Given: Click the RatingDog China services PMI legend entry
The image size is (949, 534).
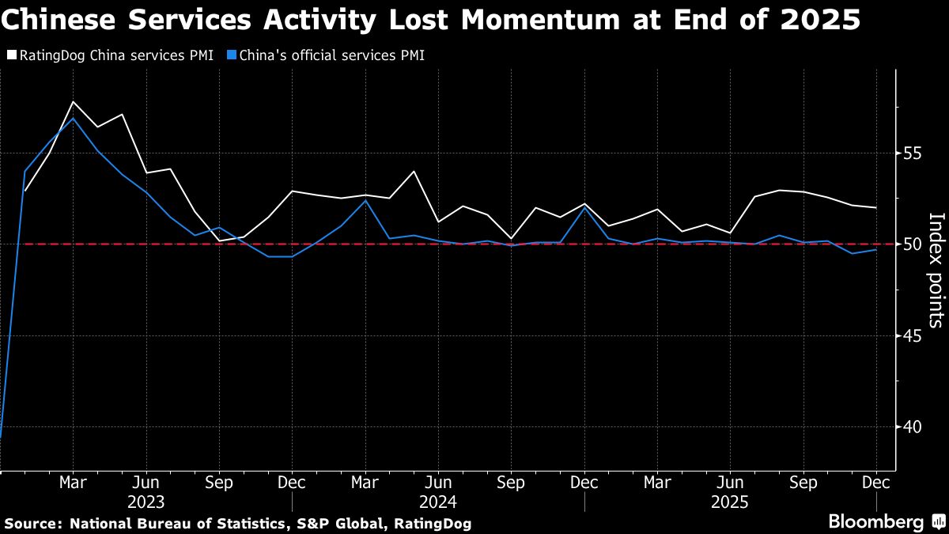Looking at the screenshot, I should (110, 55).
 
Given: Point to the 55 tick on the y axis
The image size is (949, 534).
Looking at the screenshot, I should (912, 153).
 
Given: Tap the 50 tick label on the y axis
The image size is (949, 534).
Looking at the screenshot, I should (912, 244).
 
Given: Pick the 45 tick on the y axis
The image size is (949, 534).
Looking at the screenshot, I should (912, 335).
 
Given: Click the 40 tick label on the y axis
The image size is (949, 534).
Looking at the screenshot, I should (912, 426).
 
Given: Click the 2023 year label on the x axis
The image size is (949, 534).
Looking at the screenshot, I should (146, 502).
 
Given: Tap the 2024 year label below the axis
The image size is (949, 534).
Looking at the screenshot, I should (438, 502).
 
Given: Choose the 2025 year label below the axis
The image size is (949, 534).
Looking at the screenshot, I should (730, 502).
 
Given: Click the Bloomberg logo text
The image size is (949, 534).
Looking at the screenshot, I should (875, 522).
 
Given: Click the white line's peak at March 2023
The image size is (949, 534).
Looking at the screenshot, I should (73, 102).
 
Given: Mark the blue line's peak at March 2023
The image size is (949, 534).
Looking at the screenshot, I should (73, 119).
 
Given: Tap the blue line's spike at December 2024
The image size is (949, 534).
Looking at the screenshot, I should (584, 207).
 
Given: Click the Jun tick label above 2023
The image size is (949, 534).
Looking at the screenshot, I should (146, 482).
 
